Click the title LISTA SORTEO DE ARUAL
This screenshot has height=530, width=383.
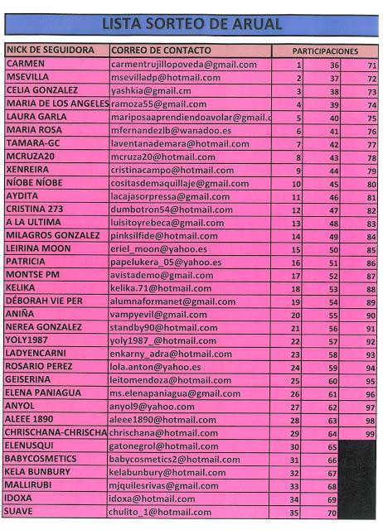tap(191, 24)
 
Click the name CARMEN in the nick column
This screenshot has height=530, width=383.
tap(26, 63)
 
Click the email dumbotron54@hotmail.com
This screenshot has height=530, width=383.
tap(171, 210)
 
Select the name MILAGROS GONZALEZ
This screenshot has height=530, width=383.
tap(52, 236)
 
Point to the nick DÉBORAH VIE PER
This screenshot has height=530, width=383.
tap(44, 301)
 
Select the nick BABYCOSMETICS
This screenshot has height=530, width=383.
tap(41, 459)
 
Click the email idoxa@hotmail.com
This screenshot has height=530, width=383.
tap(152, 499)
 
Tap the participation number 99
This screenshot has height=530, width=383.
tap(370, 434)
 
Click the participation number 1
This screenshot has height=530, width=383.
tap(298, 65)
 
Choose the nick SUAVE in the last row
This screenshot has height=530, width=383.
tap(20, 512)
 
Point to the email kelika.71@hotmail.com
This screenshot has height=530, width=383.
tap(161, 288)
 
